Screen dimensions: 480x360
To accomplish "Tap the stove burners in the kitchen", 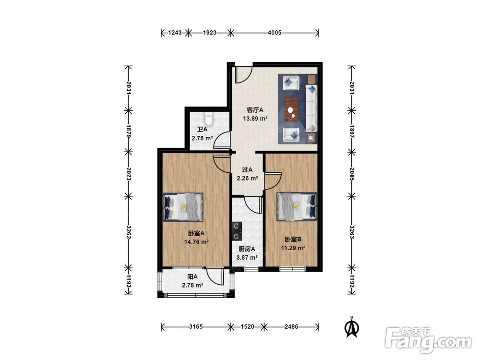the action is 236,231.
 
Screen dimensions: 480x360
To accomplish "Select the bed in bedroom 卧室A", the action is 183,207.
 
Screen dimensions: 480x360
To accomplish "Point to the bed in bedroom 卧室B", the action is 297,206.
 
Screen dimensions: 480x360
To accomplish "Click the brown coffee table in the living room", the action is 291,109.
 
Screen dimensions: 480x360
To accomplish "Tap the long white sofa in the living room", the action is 312,108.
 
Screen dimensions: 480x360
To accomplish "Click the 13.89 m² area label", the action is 255,119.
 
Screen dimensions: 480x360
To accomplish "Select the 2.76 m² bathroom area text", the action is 203,138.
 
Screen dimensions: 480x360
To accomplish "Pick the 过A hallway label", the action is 247,169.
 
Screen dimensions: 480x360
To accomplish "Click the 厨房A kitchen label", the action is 247,249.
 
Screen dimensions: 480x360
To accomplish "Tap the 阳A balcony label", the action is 192,277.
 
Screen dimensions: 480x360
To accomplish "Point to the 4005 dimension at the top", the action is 275,33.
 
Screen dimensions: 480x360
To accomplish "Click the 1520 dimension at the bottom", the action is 247,326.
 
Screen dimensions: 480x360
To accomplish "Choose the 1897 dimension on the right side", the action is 352,132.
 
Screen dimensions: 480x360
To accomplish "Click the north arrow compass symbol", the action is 352,327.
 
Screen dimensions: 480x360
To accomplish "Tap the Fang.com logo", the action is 428,340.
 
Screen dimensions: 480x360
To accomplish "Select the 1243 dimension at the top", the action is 175,33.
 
